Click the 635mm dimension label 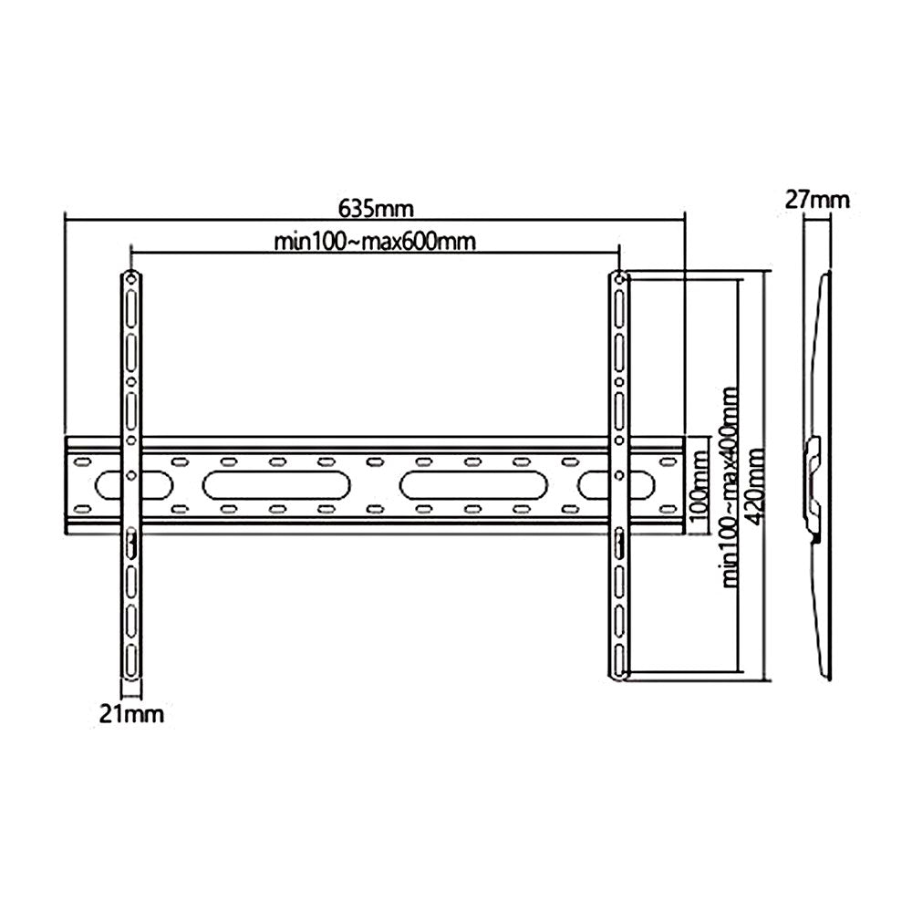376,208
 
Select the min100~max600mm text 376,242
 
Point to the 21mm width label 132,714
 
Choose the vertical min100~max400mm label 730,488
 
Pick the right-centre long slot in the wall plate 473,484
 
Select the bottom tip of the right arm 620,676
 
